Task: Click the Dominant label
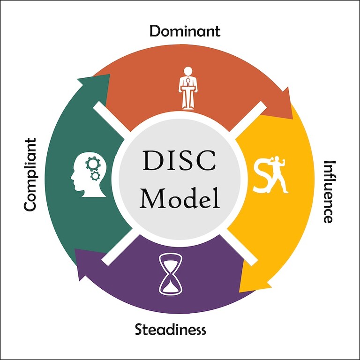pyautogui.click(x=185, y=31)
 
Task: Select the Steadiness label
pyautogui.click(x=171, y=330)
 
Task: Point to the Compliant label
pyautogui.click(x=30, y=174)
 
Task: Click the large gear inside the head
pyautogui.click(x=92, y=164)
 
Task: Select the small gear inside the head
pyautogui.click(x=96, y=176)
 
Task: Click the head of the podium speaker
pyautogui.click(x=188, y=71)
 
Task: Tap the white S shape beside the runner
pyautogui.click(x=261, y=175)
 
